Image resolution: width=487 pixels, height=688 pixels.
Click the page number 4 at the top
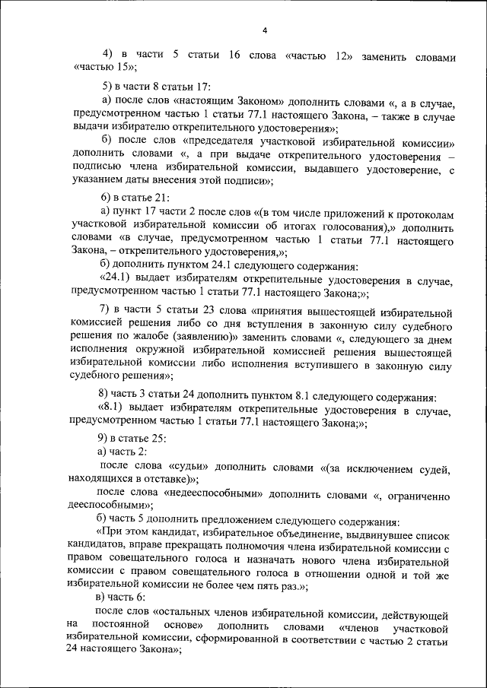click(265, 30)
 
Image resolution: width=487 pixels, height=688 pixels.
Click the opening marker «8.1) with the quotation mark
click(110, 410)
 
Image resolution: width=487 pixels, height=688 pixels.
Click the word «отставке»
click(162, 480)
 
